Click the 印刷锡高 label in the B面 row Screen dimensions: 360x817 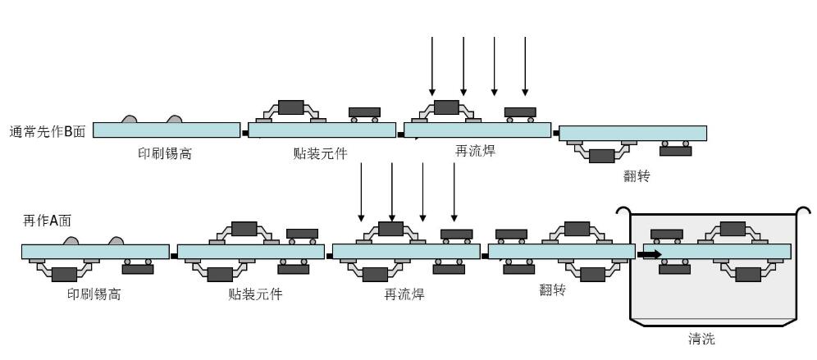tap(165, 153)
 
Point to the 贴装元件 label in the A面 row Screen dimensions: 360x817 tap(255, 294)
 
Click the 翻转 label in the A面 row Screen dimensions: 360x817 tap(552, 289)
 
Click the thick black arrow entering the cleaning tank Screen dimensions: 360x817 tap(650, 254)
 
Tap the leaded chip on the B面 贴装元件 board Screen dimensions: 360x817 tap(290, 107)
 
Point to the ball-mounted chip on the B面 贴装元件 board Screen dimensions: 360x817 tap(364, 112)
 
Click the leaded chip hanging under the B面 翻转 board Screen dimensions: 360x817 tap(603, 155)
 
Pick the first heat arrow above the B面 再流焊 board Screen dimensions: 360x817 tap(432, 66)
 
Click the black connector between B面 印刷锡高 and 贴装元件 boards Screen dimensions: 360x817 tap(244, 132)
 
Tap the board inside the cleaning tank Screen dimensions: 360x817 tap(717, 251)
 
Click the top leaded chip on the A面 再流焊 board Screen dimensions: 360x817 tap(390, 229)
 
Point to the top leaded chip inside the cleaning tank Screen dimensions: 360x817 tap(733, 228)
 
